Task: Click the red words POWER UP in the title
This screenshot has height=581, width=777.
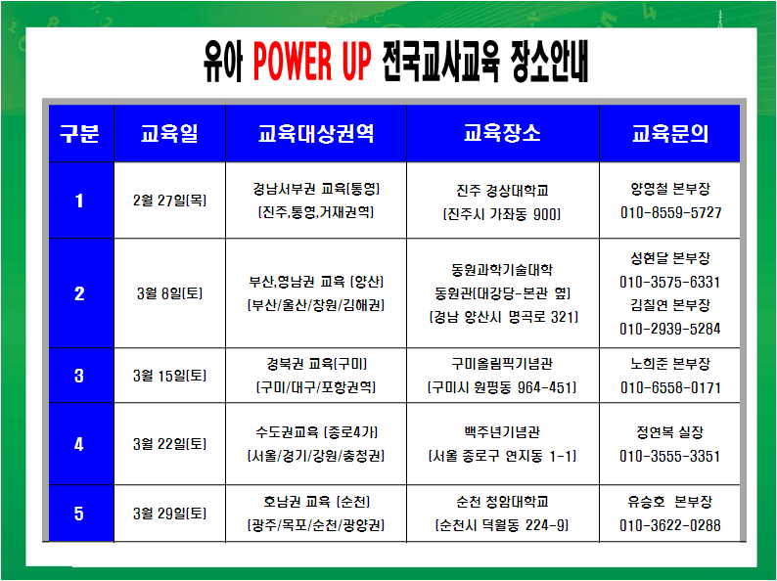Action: click(x=312, y=61)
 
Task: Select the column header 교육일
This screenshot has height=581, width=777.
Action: click(x=169, y=133)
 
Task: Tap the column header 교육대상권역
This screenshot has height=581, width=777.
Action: click(x=316, y=133)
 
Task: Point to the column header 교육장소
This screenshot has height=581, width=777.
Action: click(x=502, y=133)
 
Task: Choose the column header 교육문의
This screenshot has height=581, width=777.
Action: click(x=670, y=133)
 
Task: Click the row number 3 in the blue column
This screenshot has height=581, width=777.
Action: click(x=79, y=376)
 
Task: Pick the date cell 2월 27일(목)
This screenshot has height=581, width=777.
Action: click(x=169, y=201)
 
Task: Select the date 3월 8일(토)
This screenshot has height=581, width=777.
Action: click(x=169, y=293)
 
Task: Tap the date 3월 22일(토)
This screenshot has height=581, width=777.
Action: click(x=169, y=444)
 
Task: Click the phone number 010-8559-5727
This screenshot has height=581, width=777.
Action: click(x=670, y=212)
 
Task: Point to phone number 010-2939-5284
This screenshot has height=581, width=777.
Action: click(x=670, y=329)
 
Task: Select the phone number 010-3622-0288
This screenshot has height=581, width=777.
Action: click(x=670, y=525)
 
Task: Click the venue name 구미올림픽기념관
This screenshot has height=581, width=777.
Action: click(x=502, y=364)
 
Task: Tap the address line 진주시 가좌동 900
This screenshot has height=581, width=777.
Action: click(x=502, y=214)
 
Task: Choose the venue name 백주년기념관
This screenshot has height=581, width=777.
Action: click(x=502, y=432)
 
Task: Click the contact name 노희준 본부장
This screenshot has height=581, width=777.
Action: click(x=670, y=364)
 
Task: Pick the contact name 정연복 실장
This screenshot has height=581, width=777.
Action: click(x=670, y=432)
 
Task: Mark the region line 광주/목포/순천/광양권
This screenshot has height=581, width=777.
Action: click(x=316, y=525)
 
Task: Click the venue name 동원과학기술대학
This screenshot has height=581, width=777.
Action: click(x=502, y=269)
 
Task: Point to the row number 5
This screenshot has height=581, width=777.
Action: click(x=79, y=514)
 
